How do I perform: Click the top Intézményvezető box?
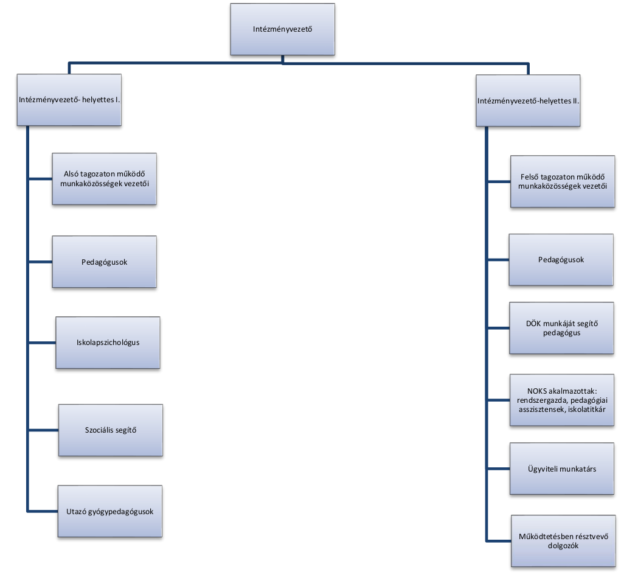point(282,29)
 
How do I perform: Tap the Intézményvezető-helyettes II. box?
point(528,100)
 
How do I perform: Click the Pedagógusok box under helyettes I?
point(105,262)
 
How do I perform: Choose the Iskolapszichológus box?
point(108,342)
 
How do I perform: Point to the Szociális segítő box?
point(111,430)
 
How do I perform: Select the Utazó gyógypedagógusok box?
point(110,511)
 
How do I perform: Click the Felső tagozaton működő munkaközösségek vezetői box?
point(561,182)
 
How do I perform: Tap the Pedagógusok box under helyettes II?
point(561,260)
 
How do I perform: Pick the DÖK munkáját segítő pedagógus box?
point(561,328)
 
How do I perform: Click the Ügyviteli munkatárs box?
point(561,469)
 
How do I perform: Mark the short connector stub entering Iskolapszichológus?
point(42,342)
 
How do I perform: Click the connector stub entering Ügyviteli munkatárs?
point(498,469)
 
